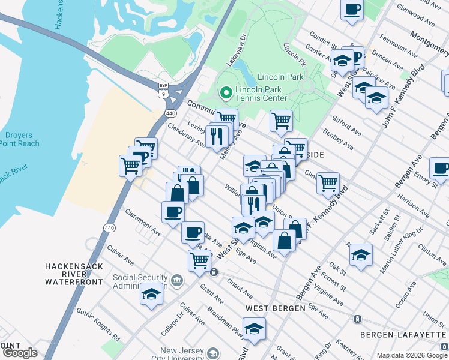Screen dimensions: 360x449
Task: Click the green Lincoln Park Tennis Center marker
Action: point(226,92)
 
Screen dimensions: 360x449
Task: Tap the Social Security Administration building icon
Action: point(176,280)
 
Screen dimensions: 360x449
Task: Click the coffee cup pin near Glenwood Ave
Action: point(352,9)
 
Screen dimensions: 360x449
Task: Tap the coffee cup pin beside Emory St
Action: point(440,169)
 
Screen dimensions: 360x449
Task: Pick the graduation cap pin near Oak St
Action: point(361,254)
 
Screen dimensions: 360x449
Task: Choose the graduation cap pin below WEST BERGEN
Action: point(255,329)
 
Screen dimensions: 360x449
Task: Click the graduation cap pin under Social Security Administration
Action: point(151,294)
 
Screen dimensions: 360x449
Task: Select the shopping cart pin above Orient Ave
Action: point(199,260)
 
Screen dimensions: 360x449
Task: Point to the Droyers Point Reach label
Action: point(19,139)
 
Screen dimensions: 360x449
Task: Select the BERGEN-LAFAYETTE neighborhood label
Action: point(403,334)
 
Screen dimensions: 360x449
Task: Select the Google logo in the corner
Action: point(20,352)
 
